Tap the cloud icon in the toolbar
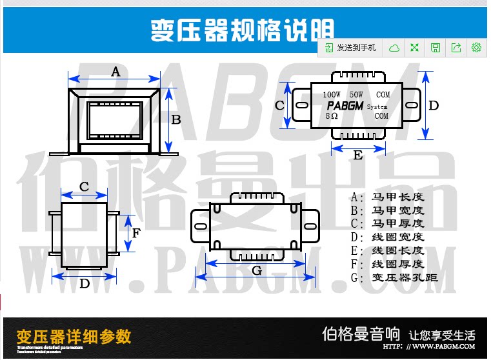pos(394,48)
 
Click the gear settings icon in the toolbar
pos(477,48)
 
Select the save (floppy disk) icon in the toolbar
pos(436,48)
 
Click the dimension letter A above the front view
pos(115,71)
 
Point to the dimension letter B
pos(175,119)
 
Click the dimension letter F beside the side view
pos(137,233)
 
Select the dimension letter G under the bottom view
pos(257,270)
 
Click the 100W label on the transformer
pos(332,94)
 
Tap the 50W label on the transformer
pos(357,94)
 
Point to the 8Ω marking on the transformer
pos(332,116)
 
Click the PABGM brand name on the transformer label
pos(345,106)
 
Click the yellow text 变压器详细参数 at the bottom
pos(74,336)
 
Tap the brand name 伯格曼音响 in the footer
pos(361,334)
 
